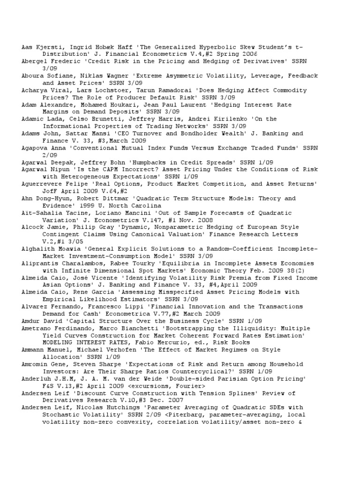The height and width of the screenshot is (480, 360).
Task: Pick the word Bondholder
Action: [x=190, y=133]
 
